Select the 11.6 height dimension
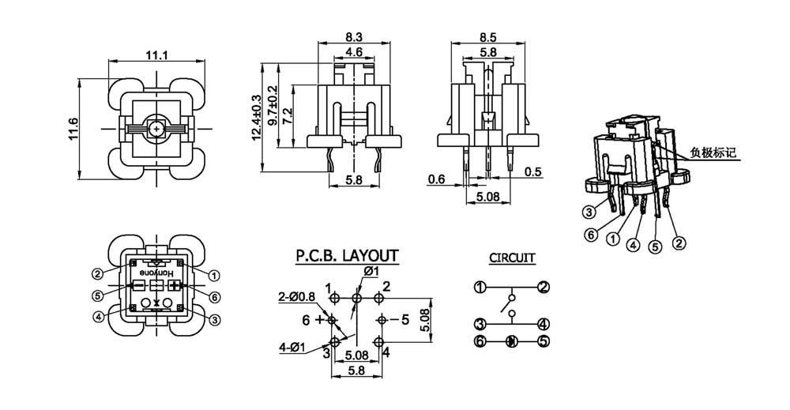pos(73,126)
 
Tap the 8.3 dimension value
pos(354,36)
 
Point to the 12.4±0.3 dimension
pos(256,118)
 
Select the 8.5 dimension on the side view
pos(488,36)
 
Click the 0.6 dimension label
pos(436,179)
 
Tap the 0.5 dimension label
pos(533,172)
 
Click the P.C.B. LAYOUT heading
pos(347,256)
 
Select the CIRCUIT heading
pos(512,258)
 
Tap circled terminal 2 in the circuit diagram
pos(544,288)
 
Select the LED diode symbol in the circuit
pos(511,342)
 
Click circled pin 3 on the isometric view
pos(589,211)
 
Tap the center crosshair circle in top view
pos(156,127)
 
